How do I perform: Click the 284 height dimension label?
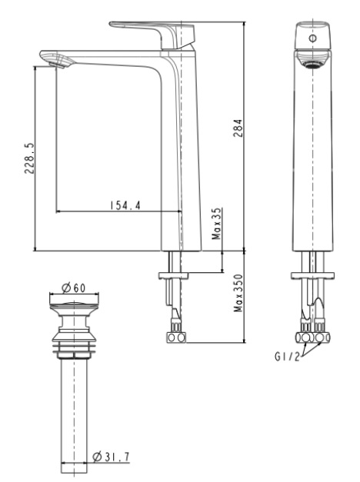237,127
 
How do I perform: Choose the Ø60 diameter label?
74,287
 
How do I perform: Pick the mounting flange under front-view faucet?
312,274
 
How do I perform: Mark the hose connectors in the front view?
313,336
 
